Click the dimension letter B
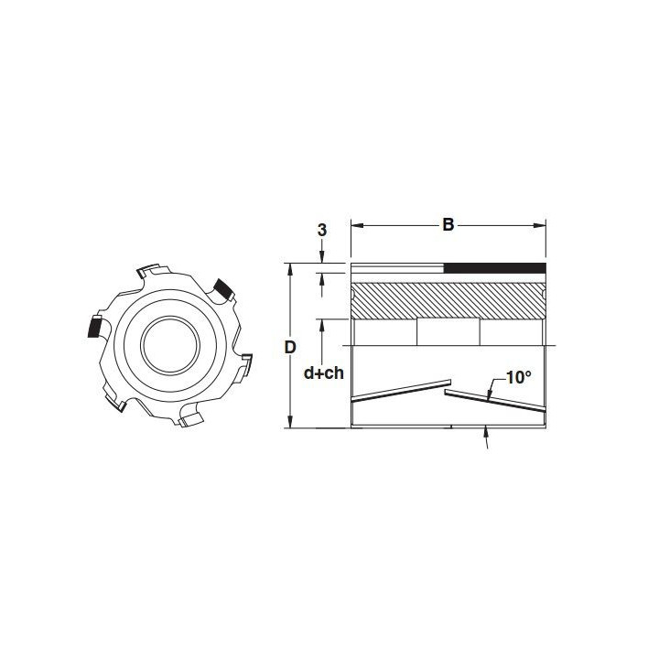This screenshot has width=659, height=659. click(448, 225)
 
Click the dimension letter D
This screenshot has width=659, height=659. click(290, 348)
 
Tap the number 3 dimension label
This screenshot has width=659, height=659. click(322, 231)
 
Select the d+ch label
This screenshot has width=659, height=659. click(324, 373)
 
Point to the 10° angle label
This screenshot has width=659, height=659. click(519, 377)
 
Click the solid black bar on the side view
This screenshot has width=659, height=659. click(495, 268)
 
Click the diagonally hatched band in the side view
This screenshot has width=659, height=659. click(448, 300)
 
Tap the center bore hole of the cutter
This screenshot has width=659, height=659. click(170, 345)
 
